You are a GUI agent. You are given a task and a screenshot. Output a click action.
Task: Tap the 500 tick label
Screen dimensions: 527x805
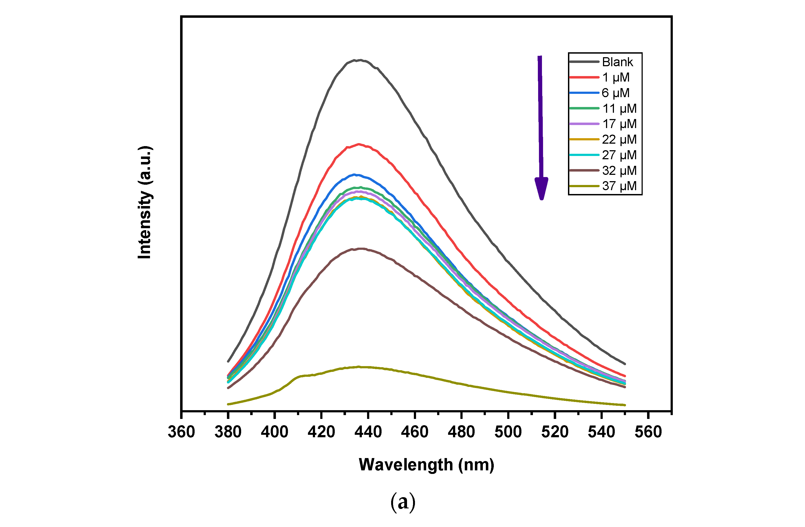(508, 432)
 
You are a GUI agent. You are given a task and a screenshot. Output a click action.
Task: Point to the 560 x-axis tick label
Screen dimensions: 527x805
(648, 432)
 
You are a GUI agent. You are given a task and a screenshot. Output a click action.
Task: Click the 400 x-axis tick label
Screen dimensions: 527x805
(275, 432)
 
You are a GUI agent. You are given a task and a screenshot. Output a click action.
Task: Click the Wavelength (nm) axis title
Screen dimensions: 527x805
(426, 465)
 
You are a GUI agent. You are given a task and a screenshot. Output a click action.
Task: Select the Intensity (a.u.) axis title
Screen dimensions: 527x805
(145, 203)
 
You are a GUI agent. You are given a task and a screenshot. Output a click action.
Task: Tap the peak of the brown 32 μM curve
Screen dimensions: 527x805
(361, 248)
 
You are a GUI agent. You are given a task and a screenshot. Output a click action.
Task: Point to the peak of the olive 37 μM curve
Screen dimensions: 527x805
(359, 367)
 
